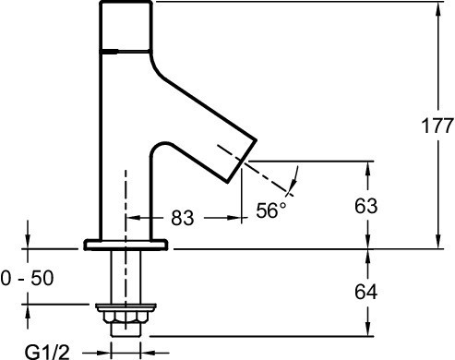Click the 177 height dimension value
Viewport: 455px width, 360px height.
(437, 126)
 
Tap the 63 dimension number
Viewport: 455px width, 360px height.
(365, 206)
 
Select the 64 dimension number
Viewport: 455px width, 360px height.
(365, 292)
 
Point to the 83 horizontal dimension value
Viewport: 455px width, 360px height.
(183, 218)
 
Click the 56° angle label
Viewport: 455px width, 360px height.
(270, 210)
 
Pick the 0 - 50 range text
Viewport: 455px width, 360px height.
(27, 278)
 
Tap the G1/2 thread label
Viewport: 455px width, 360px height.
(47, 353)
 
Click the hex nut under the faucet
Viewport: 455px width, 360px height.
(126, 318)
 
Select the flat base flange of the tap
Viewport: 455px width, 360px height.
(126, 245)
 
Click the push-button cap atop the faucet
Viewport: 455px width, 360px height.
(126, 26)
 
